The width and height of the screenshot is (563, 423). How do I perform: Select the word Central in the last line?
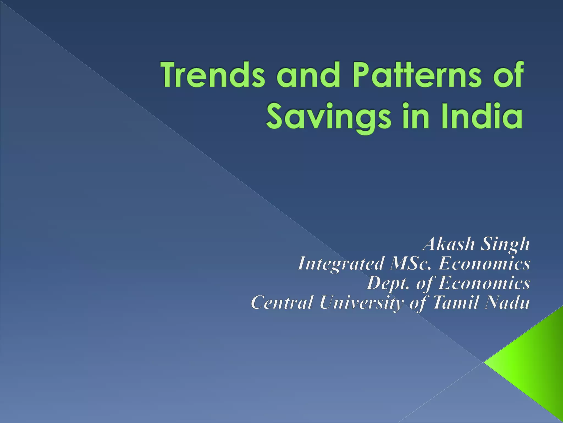282,302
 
